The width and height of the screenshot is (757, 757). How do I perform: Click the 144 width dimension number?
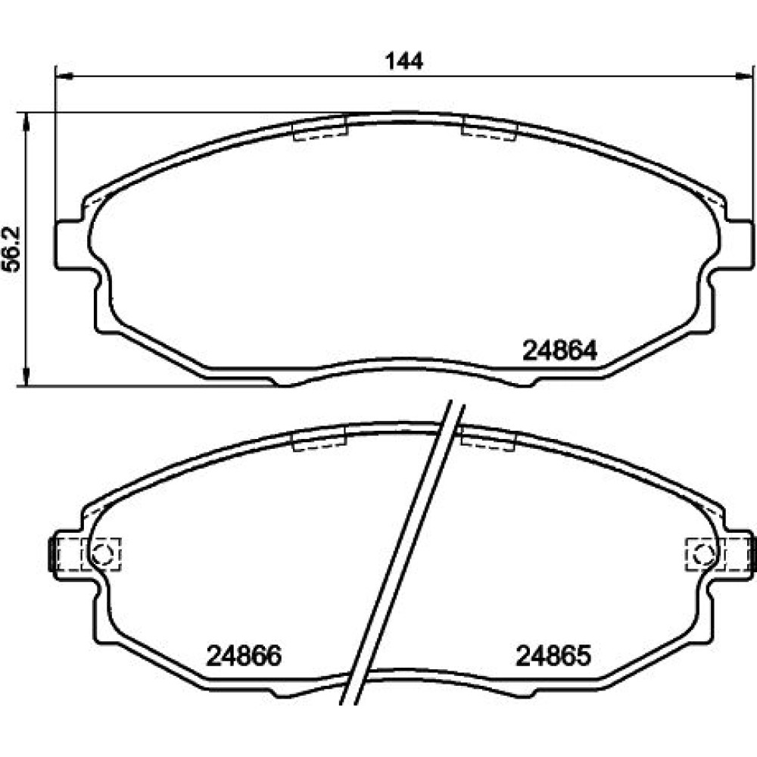403,61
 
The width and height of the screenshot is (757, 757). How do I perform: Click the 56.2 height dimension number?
12,248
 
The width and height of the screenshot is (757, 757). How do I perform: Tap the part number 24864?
559,350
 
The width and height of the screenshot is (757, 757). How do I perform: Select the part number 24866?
244,656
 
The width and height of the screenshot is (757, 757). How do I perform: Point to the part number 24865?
553,656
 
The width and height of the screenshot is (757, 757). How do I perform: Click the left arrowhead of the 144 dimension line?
64,76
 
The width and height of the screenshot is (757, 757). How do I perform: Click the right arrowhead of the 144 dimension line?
743,76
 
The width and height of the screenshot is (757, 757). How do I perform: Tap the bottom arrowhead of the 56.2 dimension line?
26,377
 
